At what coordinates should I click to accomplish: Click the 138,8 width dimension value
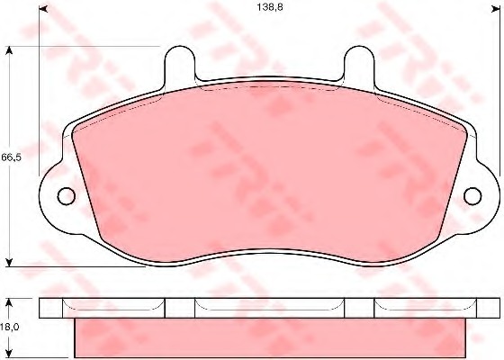270,7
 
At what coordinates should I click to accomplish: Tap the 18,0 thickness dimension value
10,327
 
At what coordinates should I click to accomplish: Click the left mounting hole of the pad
67,196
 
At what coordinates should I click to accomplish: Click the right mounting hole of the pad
472,196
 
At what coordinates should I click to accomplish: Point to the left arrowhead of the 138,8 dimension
43,9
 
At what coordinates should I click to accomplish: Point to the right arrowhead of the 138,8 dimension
496,9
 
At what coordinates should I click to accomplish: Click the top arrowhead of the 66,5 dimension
9,50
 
